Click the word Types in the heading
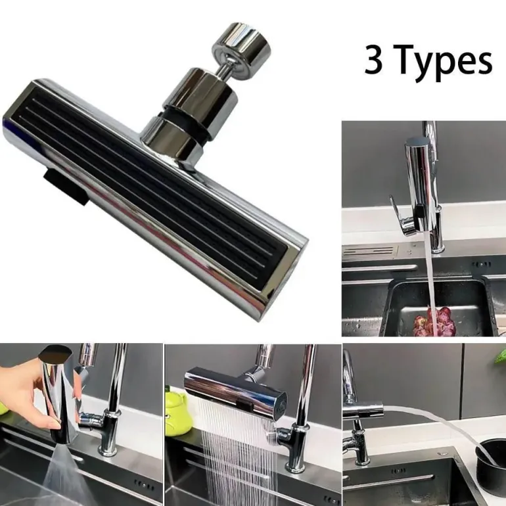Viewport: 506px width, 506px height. pos(442,61)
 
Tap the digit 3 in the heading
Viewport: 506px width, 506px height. pos(373,60)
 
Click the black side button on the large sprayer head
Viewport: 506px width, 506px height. pos(66,187)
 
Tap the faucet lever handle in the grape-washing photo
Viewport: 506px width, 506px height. pos(401,216)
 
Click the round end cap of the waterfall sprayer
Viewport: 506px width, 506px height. pos(281,407)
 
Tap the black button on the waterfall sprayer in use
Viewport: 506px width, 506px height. pos(244,403)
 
